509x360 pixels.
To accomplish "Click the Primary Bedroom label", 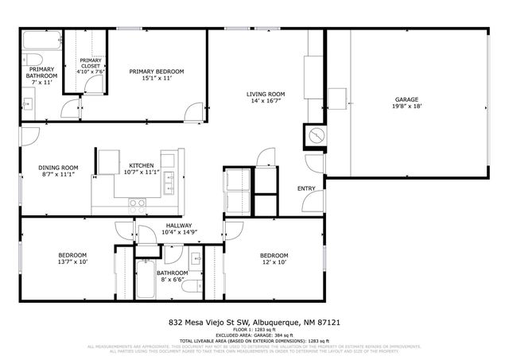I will (x=157, y=72).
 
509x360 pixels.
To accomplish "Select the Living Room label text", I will (x=265, y=94).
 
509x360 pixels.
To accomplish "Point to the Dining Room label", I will (x=60, y=167).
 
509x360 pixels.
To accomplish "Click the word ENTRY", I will (x=306, y=188).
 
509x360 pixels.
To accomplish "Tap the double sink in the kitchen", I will (x=169, y=187).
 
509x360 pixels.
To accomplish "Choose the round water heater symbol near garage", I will (x=316, y=136).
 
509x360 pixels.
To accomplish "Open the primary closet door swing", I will (x=72, y=106).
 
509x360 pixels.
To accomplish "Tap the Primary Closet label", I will (x=91, y=64).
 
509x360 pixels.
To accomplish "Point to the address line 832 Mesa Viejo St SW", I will (x=254, y=323).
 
